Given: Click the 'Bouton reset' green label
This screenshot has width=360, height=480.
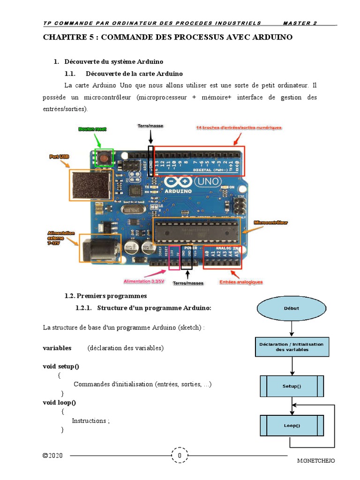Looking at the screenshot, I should point(93,129).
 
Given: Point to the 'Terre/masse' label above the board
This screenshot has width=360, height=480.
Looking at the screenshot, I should point(150,126).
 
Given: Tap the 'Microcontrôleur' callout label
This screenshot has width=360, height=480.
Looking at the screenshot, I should point(271,222).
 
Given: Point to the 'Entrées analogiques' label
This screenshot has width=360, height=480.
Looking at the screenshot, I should point(241,282).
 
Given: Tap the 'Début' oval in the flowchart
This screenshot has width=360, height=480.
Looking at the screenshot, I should point(291,308).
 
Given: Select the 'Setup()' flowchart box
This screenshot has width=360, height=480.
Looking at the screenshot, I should point(292,386).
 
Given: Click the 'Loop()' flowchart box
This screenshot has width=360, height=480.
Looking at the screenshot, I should point(292,426).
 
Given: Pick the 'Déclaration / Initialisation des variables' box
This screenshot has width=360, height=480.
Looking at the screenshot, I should point(291,347).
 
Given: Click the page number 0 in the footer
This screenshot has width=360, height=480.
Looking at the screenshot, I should point(180,456).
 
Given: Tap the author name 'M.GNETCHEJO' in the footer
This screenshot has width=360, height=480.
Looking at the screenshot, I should point(316,460).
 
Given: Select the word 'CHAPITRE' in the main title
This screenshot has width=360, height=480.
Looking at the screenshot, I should point(61,37).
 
